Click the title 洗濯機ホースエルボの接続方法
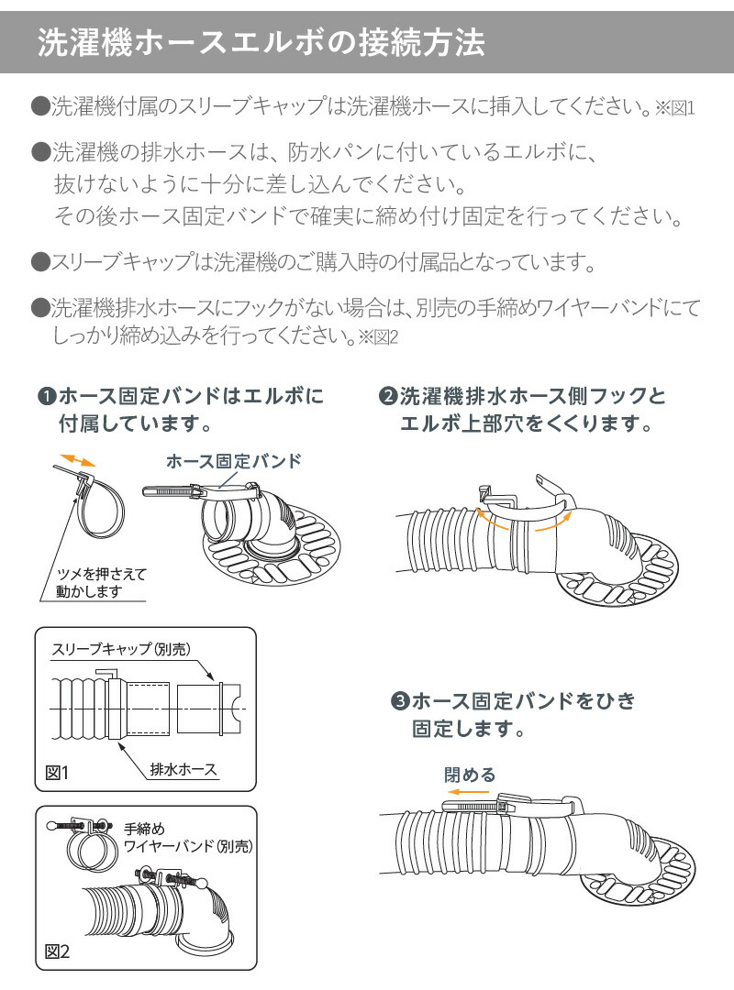(x=260, y=42)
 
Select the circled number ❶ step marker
(x=47, y=397)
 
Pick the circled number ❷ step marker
(x=387, y=397)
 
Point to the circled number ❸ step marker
(x=399, y=702)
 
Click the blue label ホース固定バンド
(x=233, y=461)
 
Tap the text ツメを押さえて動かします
(x=95, y=583)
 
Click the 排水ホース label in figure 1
(x=183, y=769)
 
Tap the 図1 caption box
(x=57, y=773)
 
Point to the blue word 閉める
(x=469, y=775)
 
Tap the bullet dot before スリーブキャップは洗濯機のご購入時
(x=39, y=263)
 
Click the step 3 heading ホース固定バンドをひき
(x=523, y=702)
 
